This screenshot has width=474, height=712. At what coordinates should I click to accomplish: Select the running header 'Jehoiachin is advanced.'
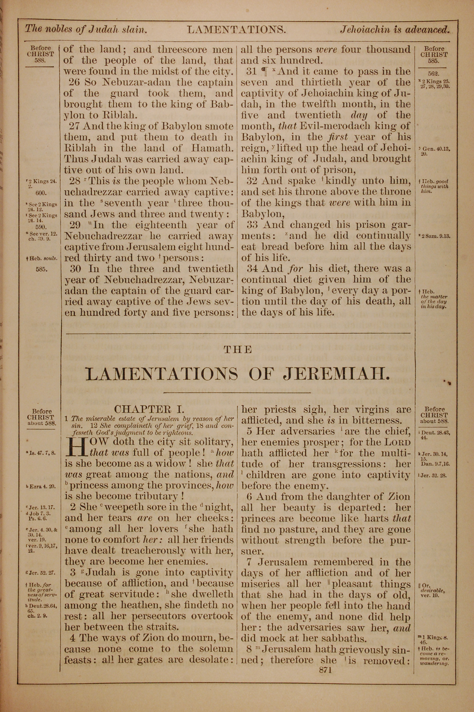point(395,29)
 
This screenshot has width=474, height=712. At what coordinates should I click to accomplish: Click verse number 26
point(75,82)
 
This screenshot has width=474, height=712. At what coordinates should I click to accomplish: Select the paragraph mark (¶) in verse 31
point(264,71)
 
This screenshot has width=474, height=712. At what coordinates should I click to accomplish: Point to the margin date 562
point(433,74)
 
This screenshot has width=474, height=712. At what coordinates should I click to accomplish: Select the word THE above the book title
point(238,350)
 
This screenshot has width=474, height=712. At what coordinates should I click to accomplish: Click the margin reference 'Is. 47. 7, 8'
point(41,453)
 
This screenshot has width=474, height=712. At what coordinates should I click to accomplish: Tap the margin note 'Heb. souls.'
point(42,258)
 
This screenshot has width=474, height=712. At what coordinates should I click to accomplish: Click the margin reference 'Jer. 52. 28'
point(433,475)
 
